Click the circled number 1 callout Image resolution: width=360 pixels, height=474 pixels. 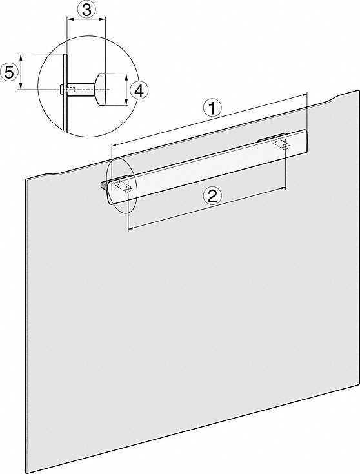tap(212, 108)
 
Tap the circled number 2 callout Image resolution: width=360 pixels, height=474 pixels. tap(212, 197)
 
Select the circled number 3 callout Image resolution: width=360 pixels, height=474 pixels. tap(86, 10)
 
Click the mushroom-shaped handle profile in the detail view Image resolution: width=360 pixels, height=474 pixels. tap(100, 90)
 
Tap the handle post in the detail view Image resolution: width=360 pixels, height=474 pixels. tap(81, 89)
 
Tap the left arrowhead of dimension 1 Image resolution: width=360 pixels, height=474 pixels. tap(114, 145)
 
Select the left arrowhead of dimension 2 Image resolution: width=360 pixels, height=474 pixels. tap(130, 229)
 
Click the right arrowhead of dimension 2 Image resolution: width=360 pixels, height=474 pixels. tap(283, 188)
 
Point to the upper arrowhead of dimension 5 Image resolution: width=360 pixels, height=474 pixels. tap(21, 57)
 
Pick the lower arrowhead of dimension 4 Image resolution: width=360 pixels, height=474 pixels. tap(126, 102)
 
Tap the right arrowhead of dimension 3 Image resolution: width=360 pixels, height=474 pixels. tap(102, 19)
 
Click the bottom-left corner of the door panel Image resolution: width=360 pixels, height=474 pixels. tap(30, 473)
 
